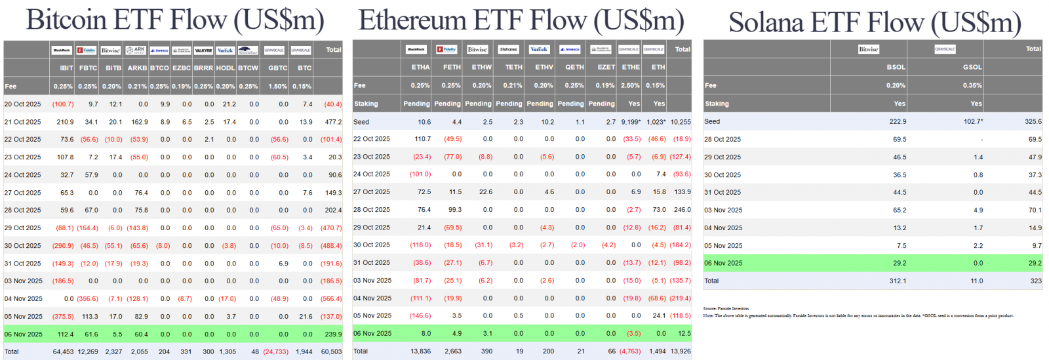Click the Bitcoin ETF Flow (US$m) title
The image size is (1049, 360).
coord(175,20)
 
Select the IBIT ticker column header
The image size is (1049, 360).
coord(66,68)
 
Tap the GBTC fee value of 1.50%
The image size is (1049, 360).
coord(278,87)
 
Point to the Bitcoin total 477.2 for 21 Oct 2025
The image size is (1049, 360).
coord(333,122)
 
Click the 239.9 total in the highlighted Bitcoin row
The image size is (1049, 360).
coord(333,334)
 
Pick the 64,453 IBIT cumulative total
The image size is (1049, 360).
coord(63,352)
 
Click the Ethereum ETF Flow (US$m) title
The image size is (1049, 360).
coord(521,20)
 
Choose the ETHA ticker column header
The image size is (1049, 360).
coord(420,68)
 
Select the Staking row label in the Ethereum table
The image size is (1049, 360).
coord(366,104)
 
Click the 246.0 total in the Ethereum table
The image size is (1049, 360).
coord(682,210)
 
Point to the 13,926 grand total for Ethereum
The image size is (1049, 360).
coord(680,351)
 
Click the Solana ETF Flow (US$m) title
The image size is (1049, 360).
coord(875,22)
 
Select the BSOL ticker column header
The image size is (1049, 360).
coord(896,68)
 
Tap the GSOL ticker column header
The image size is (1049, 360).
coord(972,68)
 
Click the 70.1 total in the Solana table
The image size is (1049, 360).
coord(1035,210)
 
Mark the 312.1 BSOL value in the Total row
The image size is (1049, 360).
coord(898,281)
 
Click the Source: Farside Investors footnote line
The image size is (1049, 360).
coord(726,308)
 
